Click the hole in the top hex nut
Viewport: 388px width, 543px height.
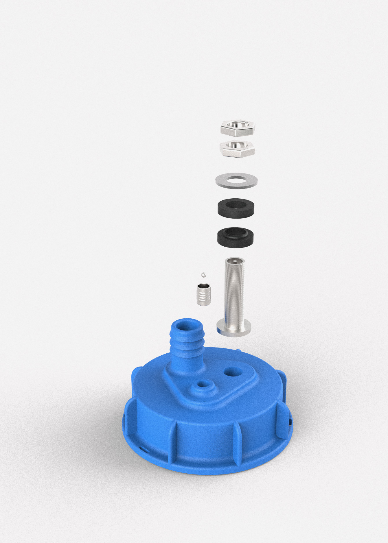[x=237, y=125]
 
